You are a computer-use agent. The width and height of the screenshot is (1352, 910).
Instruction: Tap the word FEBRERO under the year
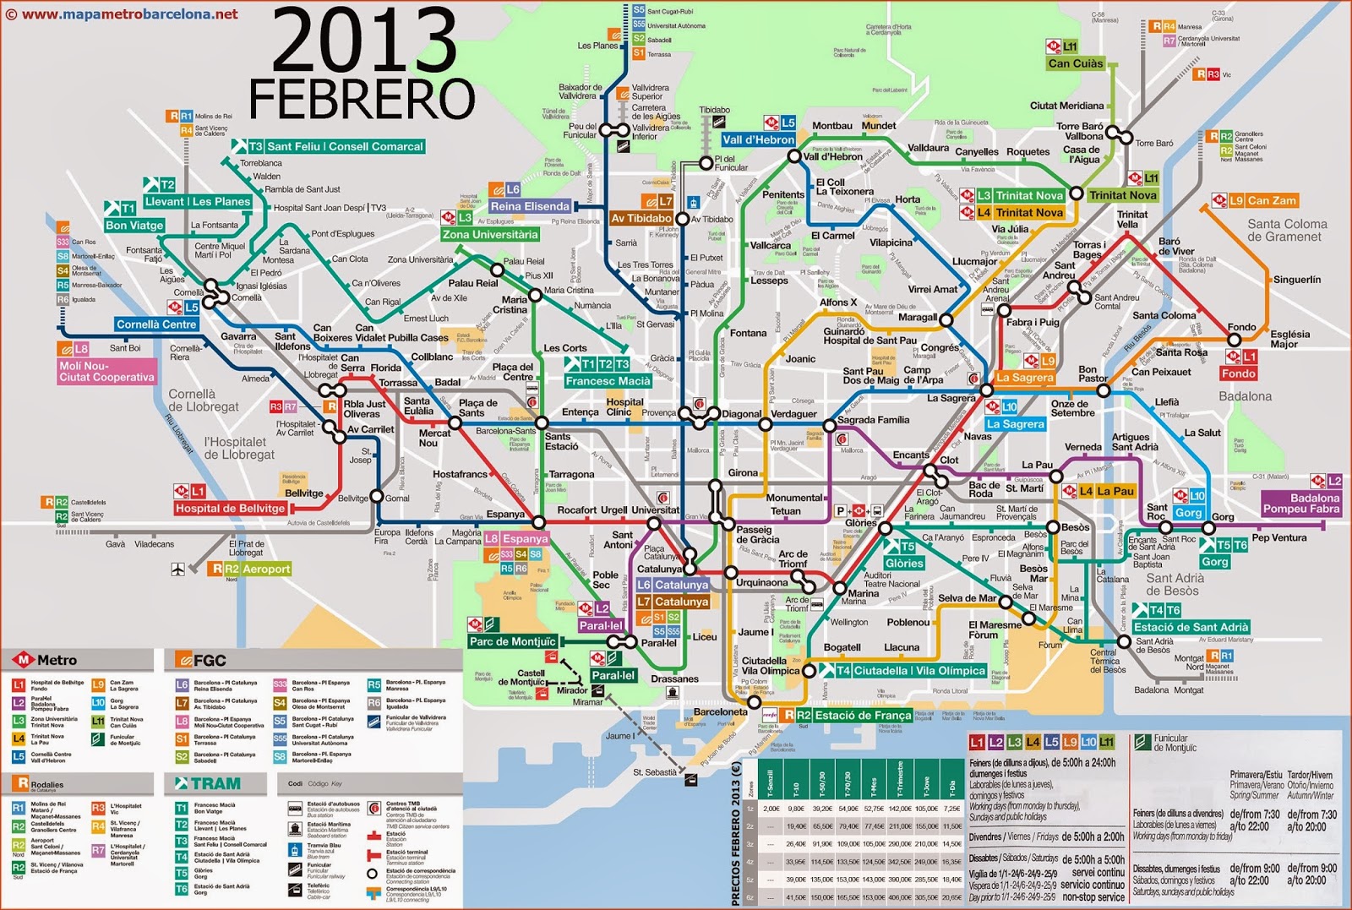(x=362, y=99)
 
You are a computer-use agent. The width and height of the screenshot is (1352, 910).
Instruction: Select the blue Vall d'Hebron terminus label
(x=758, y=139)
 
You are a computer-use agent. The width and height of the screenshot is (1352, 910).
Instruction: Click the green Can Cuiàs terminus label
(x=1075, y=63)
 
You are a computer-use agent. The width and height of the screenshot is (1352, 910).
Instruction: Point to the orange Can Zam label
(x=1271, y=200)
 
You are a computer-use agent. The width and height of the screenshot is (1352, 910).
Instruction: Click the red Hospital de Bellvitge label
(x=230, y=508)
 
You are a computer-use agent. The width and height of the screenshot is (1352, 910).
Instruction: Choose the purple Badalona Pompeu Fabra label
(x=1301, y=504)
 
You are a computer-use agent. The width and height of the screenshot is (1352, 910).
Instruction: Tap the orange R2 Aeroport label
(x=257, y=569)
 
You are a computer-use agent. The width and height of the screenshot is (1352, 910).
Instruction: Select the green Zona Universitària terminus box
(x=489, y=234)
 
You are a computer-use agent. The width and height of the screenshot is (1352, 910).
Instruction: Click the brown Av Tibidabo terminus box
(x=641, y=218)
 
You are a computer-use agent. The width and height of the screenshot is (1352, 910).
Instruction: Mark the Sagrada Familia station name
(x=873, y=420)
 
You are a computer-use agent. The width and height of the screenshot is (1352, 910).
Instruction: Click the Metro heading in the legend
(x=56, y=660)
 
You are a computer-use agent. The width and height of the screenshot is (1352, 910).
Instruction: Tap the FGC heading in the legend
(x=210, y=660)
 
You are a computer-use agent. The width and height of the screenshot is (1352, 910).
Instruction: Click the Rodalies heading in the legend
(x=46, y=784)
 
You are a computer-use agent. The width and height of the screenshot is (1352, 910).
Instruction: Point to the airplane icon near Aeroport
(x=177, y=569)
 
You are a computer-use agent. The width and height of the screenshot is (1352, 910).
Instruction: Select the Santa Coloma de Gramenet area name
(x=1286, y=230)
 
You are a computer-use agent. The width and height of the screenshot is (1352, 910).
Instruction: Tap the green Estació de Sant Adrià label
(x=1191, y=627)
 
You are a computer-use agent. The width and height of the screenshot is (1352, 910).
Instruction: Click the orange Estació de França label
(x=863, y=715)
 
